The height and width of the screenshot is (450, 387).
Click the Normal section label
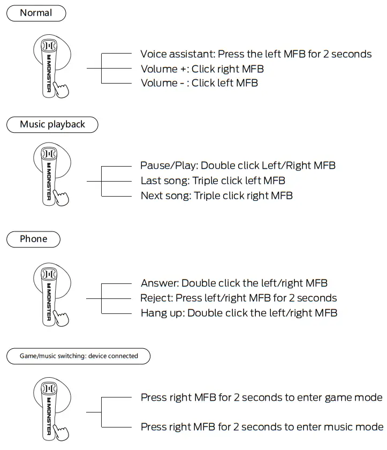[35, 13]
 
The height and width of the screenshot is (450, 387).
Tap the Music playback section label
[52, 124]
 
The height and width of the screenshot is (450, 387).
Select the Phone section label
[33, 239]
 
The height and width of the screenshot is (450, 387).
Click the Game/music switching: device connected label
[79, 356]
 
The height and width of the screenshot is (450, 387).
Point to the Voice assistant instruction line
[256, 54]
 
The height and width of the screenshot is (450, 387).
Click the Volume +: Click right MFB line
[202, 69]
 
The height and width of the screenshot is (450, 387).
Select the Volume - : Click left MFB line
[199, 83]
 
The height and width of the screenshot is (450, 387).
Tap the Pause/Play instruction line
[238, 166]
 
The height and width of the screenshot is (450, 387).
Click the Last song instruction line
[213, 181]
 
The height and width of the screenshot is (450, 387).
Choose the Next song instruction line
[216, 196]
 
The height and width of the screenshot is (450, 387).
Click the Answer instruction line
[234, 283]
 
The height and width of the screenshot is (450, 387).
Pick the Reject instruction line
[238, 298]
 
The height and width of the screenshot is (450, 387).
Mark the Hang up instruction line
[239, 313]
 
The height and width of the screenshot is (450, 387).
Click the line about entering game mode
[261, 397]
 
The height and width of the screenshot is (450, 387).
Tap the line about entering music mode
[262, 427]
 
